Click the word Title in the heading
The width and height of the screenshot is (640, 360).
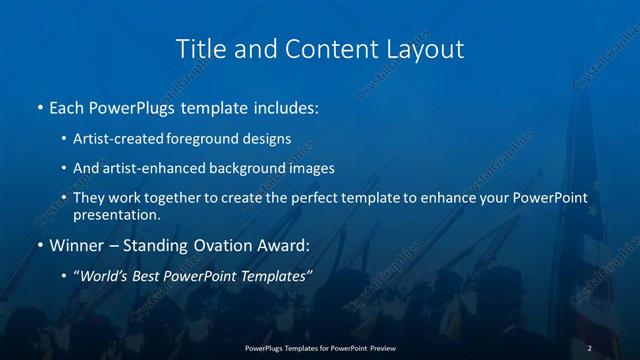[x=198, y=49]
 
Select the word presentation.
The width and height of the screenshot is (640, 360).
[x=117, y=214]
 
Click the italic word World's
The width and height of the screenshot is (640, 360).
[x=104, y=276]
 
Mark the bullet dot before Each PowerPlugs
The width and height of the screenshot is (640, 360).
[x=39, y=106]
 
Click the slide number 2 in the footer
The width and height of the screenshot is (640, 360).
[x=590, y=347]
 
